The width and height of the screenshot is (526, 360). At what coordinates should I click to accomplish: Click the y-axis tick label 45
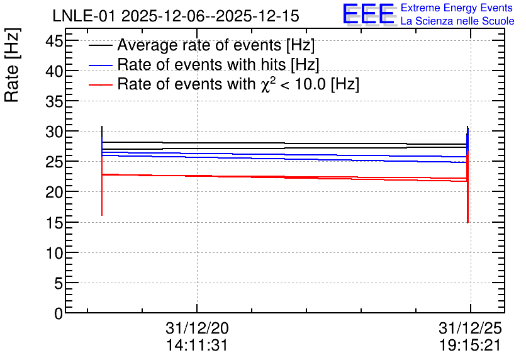(54, 42)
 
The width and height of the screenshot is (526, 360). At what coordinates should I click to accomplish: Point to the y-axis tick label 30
(54, 132)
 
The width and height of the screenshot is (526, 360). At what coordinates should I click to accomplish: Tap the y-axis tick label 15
(54, 223)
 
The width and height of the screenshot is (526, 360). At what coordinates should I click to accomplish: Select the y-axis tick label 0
(59, 313)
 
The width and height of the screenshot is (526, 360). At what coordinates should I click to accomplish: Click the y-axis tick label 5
(59, 284)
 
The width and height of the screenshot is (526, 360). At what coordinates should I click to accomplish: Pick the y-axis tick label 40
(54, 72)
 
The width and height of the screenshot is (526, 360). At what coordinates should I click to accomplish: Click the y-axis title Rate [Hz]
(12, 65)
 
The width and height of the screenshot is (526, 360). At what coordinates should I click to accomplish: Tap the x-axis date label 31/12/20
(197, 328)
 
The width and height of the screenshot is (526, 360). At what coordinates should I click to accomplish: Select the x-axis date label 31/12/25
(470, 328)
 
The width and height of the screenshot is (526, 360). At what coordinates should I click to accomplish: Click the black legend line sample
(100, 45)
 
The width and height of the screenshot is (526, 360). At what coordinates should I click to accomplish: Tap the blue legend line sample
(100, 65)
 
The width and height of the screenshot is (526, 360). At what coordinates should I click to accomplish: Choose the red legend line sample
(100, 84)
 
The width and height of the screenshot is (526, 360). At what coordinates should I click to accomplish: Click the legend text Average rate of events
(199, 45)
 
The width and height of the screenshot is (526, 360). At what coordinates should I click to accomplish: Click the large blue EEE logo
(369, 14)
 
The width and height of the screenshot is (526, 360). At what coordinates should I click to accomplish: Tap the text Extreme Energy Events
(457, 8)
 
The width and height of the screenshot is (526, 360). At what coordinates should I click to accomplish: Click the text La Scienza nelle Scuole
(457, 21)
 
